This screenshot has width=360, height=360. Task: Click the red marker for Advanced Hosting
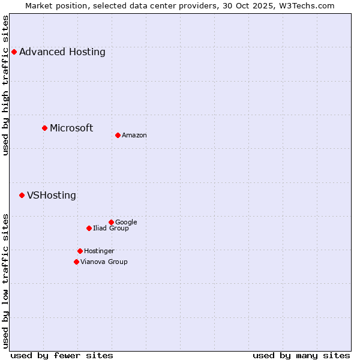click(x=14, y=52)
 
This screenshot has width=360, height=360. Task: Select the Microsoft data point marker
click(x=44, y=128)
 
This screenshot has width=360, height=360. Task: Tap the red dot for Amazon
click(x=118, y=135)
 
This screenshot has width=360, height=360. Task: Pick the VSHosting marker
click(x=22, y=195)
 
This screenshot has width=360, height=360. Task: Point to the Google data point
click(x=111, y=222)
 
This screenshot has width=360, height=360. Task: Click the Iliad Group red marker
click(x=89, y=228)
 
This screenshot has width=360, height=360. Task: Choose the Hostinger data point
click(x=80, y=251)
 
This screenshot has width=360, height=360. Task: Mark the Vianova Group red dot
click(x=76, y=262)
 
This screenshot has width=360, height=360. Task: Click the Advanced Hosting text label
click(x=62, y=52)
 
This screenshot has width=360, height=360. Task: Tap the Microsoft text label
click(x=71, y=128)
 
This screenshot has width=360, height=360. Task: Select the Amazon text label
click(x=134, y=135)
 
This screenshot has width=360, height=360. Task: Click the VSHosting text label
click(x=52, y=195)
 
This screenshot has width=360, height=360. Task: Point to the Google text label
click(x=126, y=222)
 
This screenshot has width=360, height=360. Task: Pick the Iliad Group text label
click(x=111, y=228)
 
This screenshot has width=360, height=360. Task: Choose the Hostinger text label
click(x=99, y=251)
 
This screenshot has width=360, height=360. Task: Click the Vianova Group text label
click(x=104, y=262)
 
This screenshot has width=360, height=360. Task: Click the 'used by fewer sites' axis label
click(x=62, y=355)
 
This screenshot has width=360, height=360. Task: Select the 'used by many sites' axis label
click(x=301, y=355)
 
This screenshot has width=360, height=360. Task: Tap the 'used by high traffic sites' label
click(x=6, y=85)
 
